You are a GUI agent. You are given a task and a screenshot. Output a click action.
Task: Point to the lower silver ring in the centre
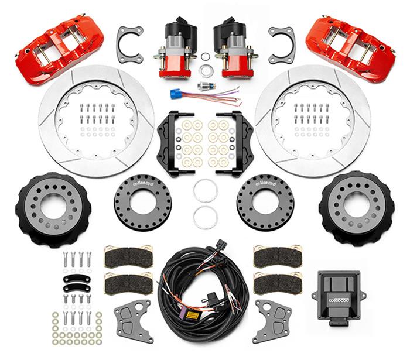tap(206, 217)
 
